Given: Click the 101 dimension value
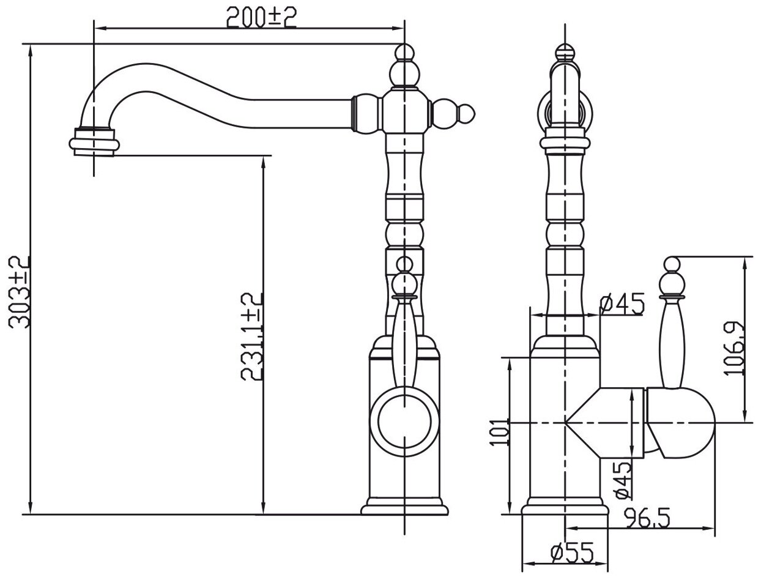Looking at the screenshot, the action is tap(500, 431).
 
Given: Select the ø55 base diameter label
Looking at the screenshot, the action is tap(572, 554).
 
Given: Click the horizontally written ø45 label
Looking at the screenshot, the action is tap(623, 304).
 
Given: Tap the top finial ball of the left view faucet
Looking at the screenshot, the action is tap(403, 53).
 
